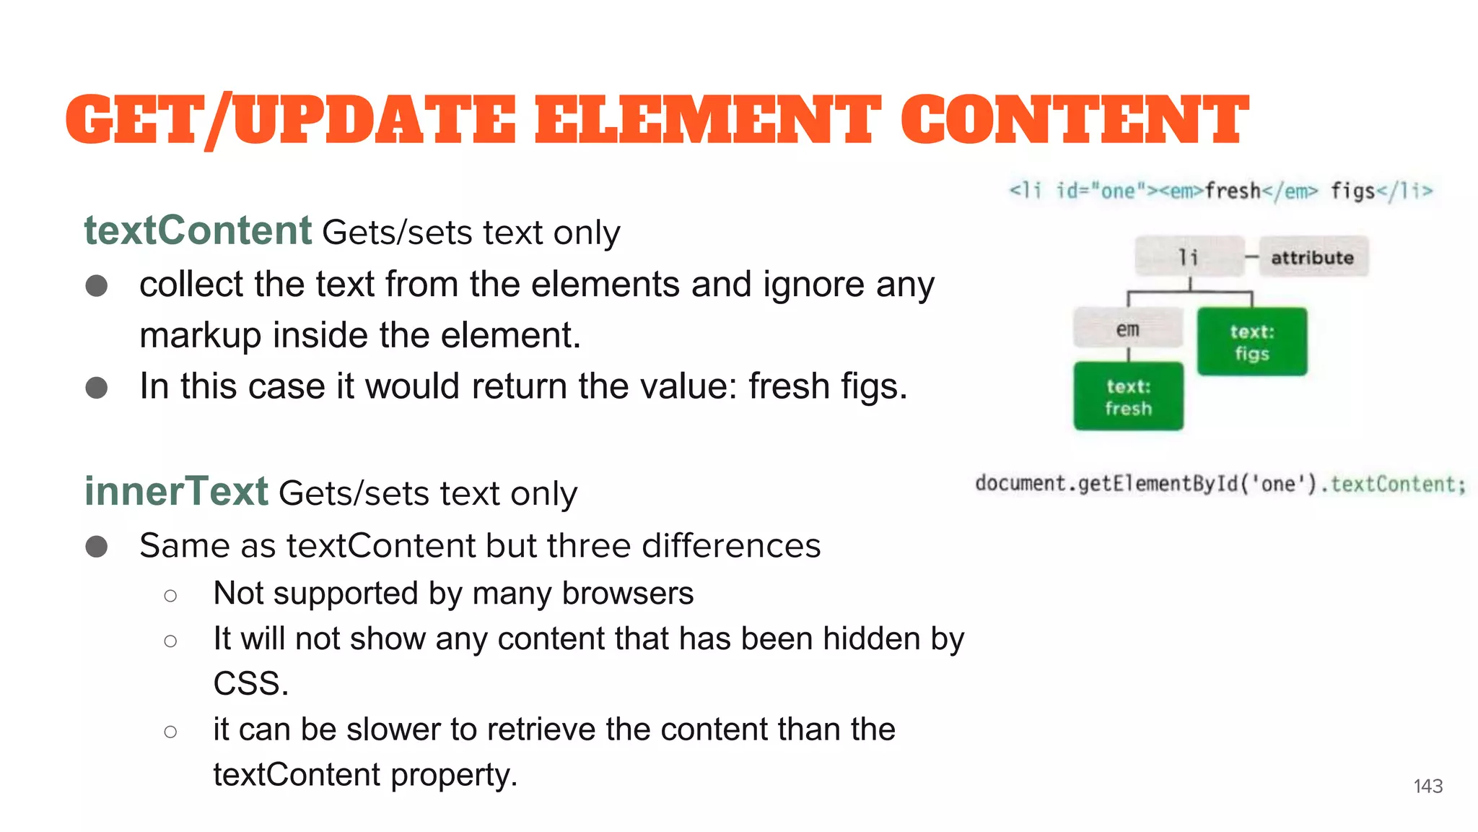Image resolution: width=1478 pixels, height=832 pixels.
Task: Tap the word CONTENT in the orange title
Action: click(1074, 120)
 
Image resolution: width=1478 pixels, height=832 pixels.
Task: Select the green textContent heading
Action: click(198, 231)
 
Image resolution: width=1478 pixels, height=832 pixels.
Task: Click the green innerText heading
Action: click(176, 492)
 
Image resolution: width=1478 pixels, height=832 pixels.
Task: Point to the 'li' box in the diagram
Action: click(1189, 256)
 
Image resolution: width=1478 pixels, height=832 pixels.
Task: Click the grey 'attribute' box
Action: click(1313, 257)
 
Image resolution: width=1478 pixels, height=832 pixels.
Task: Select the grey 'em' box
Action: click(1127, 329)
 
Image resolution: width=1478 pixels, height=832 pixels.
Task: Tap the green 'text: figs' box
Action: click(1252, 342)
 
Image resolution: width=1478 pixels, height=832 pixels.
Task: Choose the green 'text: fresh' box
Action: click(1128, 397)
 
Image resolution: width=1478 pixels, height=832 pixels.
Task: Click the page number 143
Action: click(1427, 786)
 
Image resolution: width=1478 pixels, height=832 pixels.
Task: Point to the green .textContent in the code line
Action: click(1396, 484)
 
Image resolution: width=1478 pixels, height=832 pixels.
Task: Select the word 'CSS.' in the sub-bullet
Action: click(250, 683)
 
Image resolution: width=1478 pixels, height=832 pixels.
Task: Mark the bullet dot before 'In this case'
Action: click(97, 388)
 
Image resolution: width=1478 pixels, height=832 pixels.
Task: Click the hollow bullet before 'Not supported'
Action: click(170, 596)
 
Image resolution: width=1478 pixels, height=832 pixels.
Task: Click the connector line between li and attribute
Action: click(1252, 257)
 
